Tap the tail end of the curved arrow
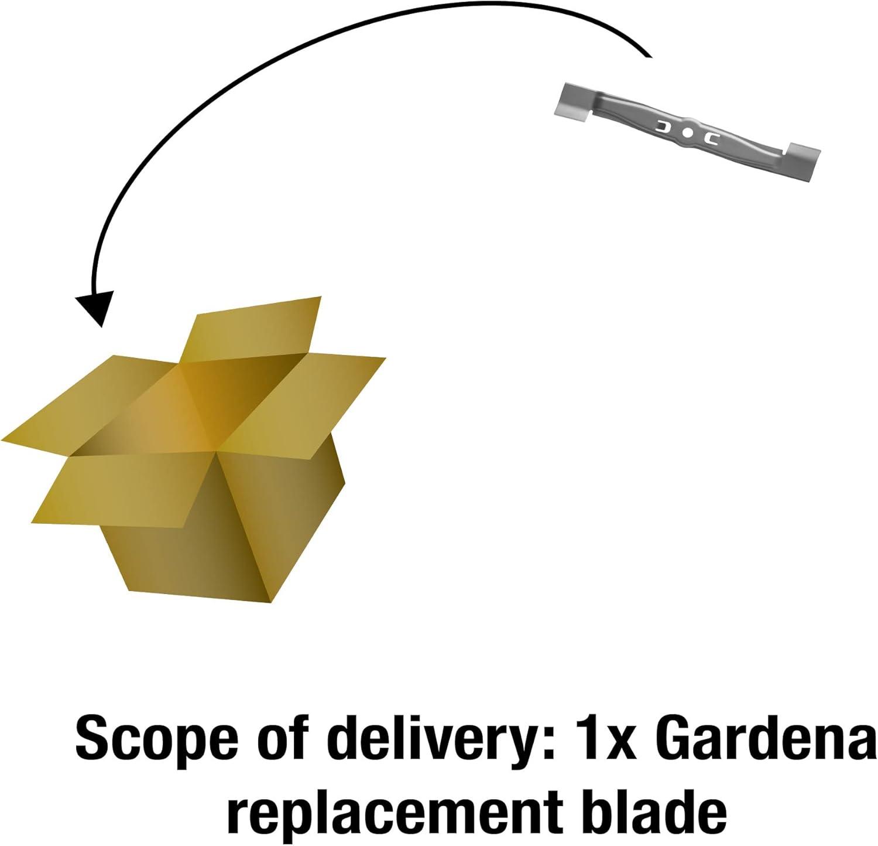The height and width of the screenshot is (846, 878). tap(650, 57)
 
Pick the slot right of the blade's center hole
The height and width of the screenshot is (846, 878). tap(713, 138)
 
